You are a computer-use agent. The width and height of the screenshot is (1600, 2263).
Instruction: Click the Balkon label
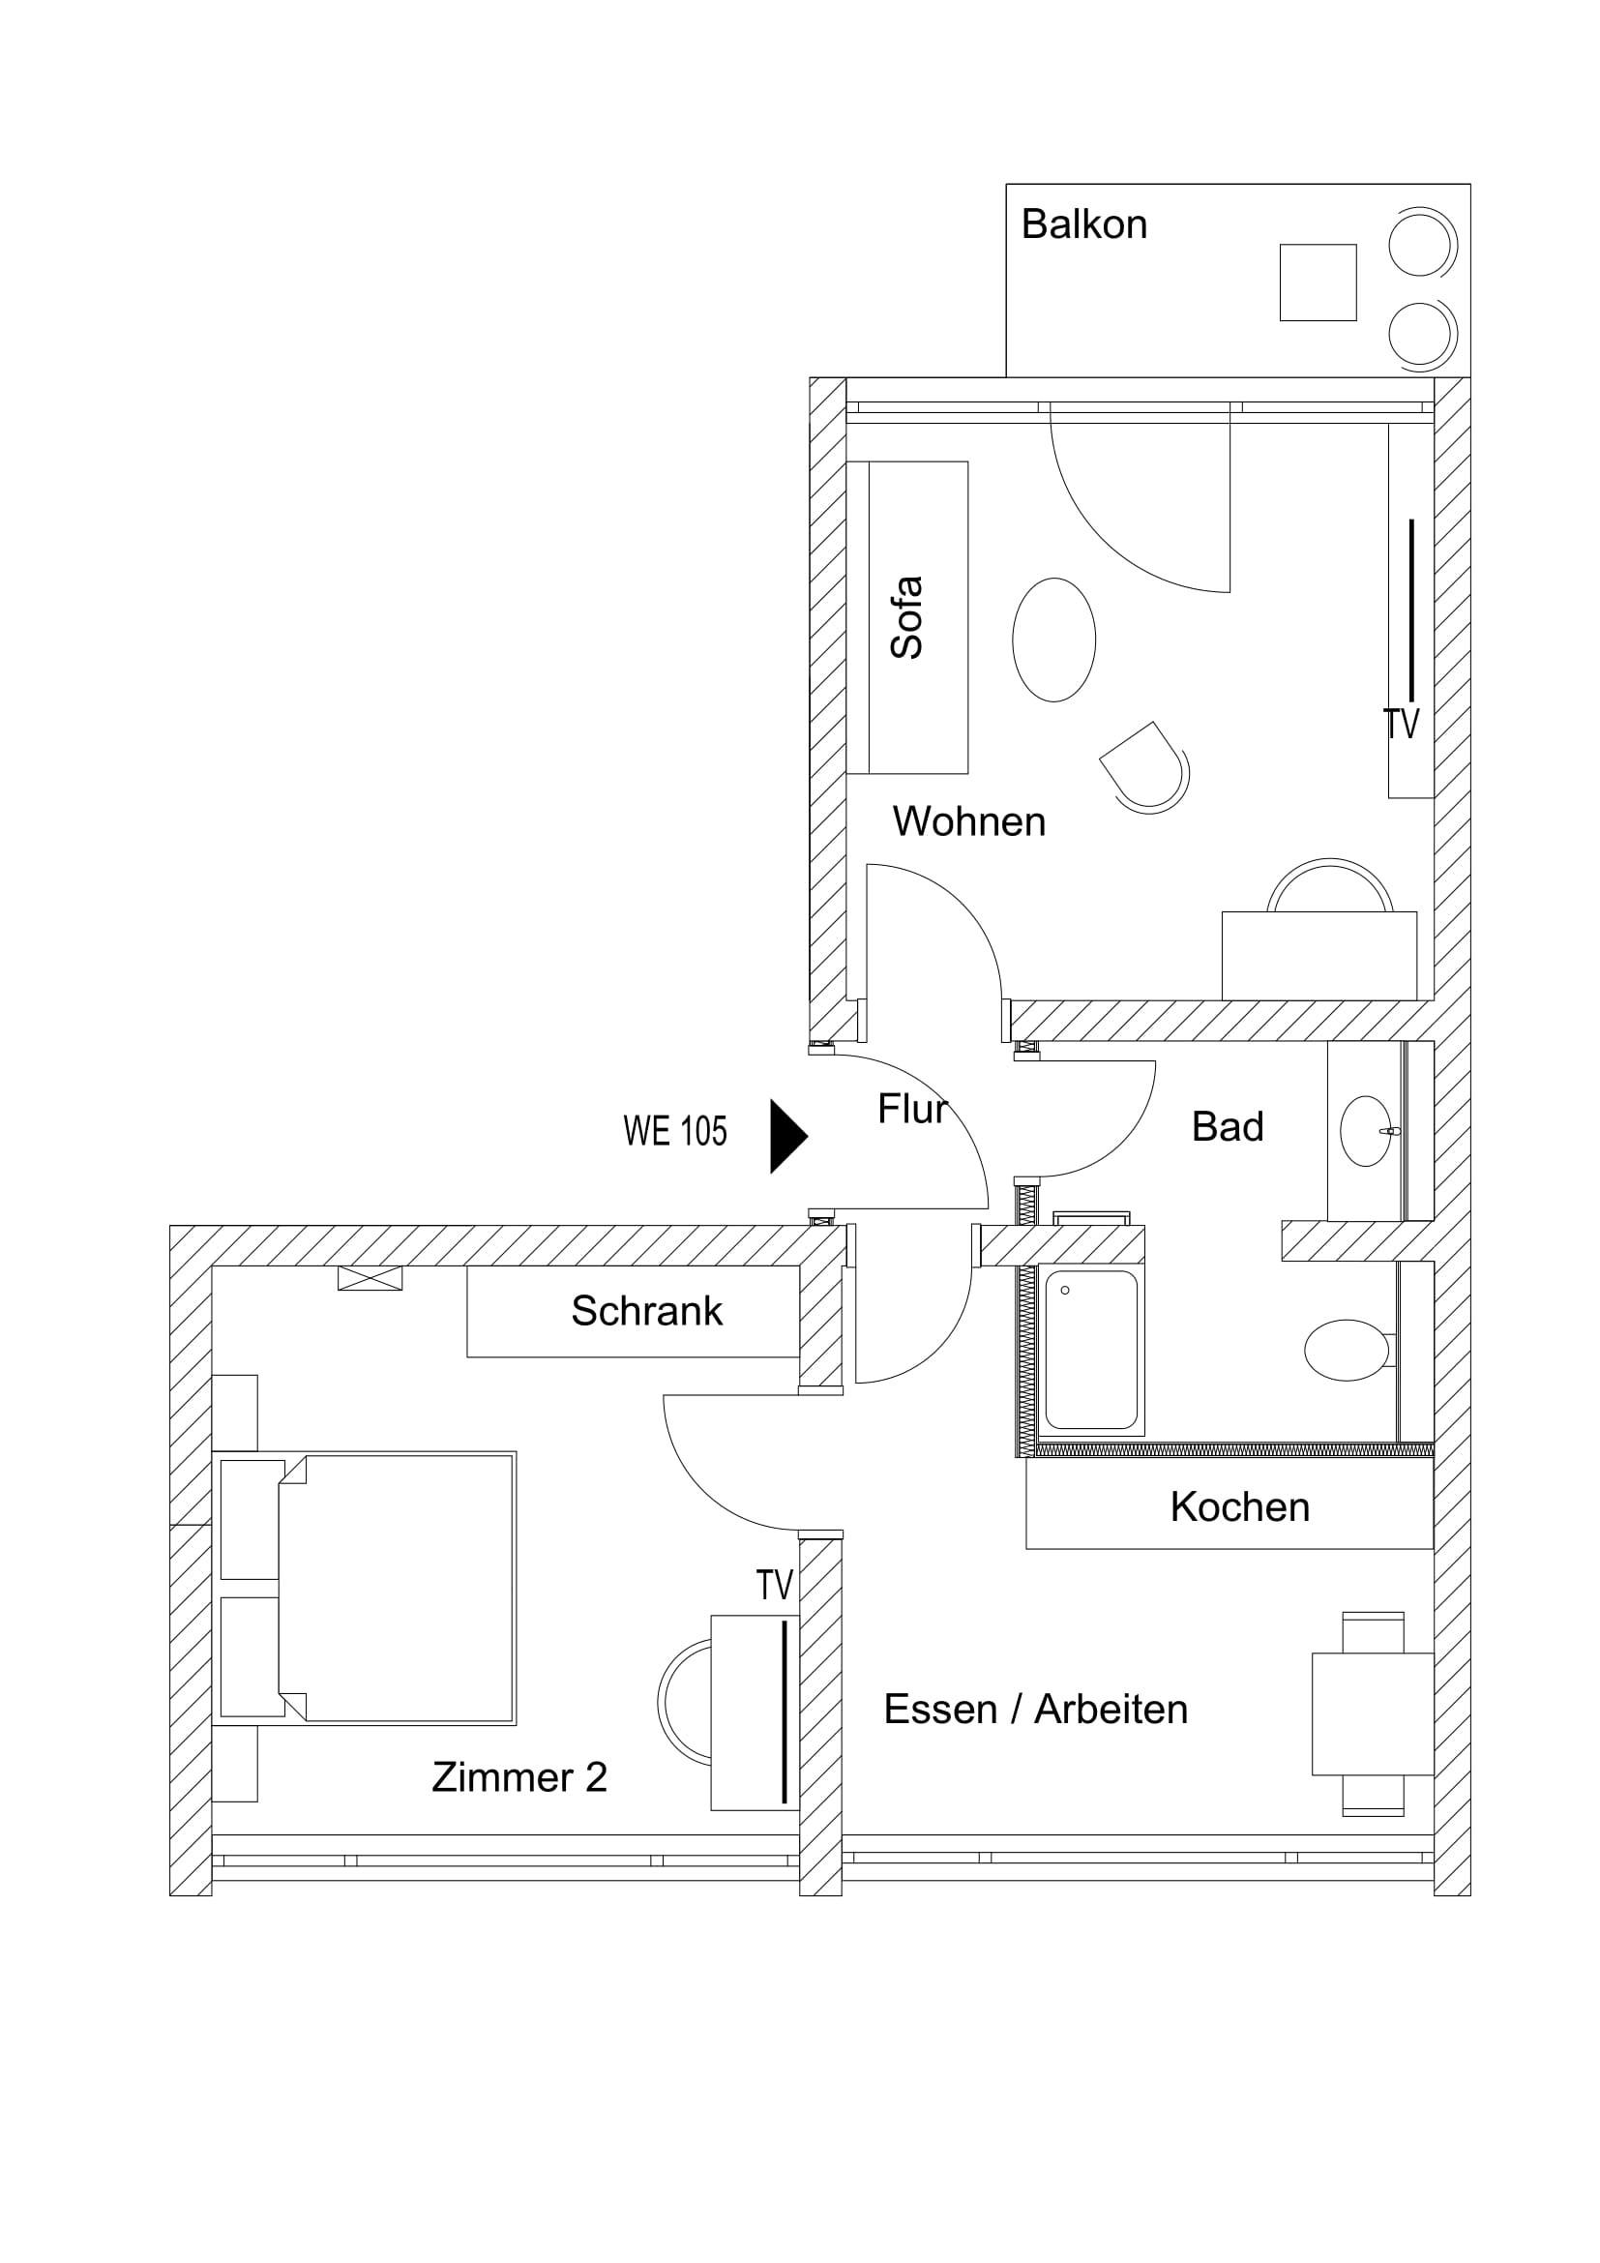tap(1083, 224)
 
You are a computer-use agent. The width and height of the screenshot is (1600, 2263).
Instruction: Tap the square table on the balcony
tap(1319, 283)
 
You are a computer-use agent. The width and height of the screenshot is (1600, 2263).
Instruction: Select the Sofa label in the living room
tap(906, 618)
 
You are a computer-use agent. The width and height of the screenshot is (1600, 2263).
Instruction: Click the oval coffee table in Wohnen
tap(1054, 640)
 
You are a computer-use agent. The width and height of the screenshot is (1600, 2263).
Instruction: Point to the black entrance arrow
tap(789, 1137)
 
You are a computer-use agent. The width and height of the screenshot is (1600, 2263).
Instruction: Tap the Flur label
tap(912, 1110)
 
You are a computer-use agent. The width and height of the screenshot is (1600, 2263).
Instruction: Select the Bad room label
tap(1228, 1126)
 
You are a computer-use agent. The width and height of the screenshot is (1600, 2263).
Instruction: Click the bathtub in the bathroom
tap(1091, 1350)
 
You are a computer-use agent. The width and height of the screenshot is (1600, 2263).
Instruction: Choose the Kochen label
tap(1240, 1507)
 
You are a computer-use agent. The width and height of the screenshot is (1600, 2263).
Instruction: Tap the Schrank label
tap(647, 1311)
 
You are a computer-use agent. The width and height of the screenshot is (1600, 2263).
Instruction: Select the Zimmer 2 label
tap(519, 1777)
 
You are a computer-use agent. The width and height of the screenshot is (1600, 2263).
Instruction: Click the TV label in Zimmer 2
tap(775, 1586)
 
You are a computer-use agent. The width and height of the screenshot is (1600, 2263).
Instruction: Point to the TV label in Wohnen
tap(1401, 725)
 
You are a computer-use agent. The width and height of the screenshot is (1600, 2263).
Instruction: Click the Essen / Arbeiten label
tap(1035, 1709)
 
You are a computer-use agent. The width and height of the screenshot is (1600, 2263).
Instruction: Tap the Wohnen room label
tap(969, 821)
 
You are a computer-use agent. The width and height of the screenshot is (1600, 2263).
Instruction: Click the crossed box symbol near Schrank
tap(370, 1278)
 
